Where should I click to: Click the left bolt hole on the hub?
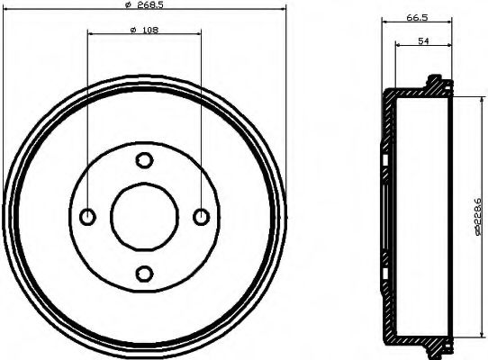[88, 216]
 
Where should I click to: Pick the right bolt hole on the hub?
[201, 216]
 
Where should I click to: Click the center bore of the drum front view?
[144, 216]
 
